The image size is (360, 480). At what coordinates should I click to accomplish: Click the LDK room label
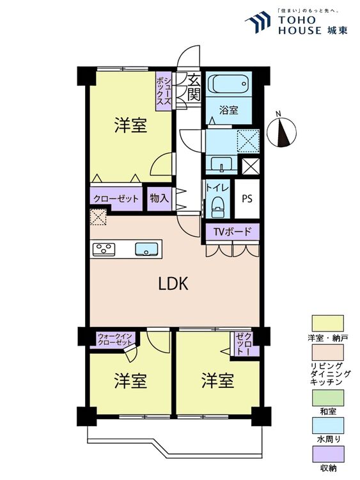pyautogui.click(x=173, y=284)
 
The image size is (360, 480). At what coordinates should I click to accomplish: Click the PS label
pyautogui.click(x=247, y=198)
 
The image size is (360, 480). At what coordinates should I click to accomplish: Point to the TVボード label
pyautogui.click(x=232, y=232)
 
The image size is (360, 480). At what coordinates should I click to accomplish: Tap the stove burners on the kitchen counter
pyautogui.click(x=104, y=249)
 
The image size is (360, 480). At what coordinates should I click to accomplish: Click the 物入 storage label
pyautogui.click(x=159, y=198)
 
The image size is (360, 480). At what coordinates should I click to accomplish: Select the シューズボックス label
pyautogui.click(x=164, y=91)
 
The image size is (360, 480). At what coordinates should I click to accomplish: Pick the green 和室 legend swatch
pyautogui.click(x=327, y=397)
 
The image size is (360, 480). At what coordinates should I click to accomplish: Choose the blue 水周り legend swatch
pyautogui.click(x=327, y=425)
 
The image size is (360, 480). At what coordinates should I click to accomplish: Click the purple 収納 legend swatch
pyautogui.click(x=327, y=454)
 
